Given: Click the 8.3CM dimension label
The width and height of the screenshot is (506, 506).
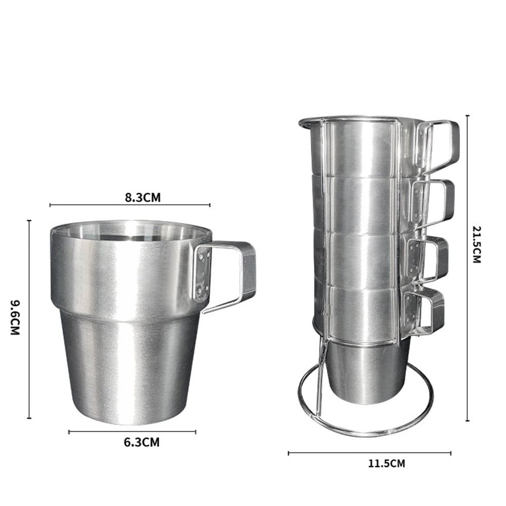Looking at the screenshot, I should (x=143, y=197).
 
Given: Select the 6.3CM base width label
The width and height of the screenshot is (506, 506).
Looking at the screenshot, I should (x=142, y=442).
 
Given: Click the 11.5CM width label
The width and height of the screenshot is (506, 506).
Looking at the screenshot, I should (x=387, y=463).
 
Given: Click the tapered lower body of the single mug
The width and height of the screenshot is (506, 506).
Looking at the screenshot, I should (x=129, y=369).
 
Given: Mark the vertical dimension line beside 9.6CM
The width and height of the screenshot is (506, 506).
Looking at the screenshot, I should (x=29, y=318).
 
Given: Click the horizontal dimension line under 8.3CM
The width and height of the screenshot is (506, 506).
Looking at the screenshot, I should (x=129, y=205).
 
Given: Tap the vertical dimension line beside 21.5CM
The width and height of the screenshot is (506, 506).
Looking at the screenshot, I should (x=467, y=268).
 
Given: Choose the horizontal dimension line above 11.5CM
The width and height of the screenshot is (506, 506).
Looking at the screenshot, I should (x=369, y=453).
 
